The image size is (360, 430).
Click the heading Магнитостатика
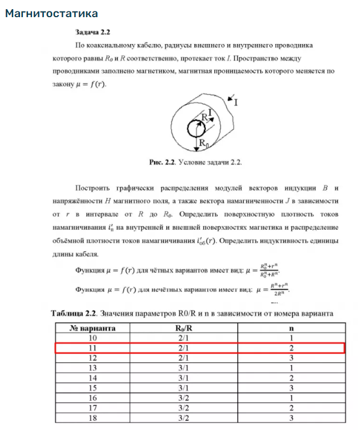pyautogui.click(x=51, y=13)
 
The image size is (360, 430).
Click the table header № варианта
pyautogui.click(x=93, y=328)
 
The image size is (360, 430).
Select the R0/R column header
pyautogui.click(x=185, y=328)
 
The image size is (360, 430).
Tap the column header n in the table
pyautogui.click(x=291, y=328)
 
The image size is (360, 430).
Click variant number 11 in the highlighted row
pyautogui.click(x=93, y=348)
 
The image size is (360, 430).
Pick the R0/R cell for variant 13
pyautogui.click(x=185, y=367)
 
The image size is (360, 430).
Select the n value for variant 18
pyautogui.click(x=291, y=417)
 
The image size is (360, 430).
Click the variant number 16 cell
pyautogui.click(x=93, y=397)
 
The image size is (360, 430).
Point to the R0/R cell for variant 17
pyautogui.click(x=185, y=407)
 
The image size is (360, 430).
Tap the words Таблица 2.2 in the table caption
pyautogui.click(x=75, y=313)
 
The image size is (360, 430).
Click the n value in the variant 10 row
pyautogui.click(x=291, y=338)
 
